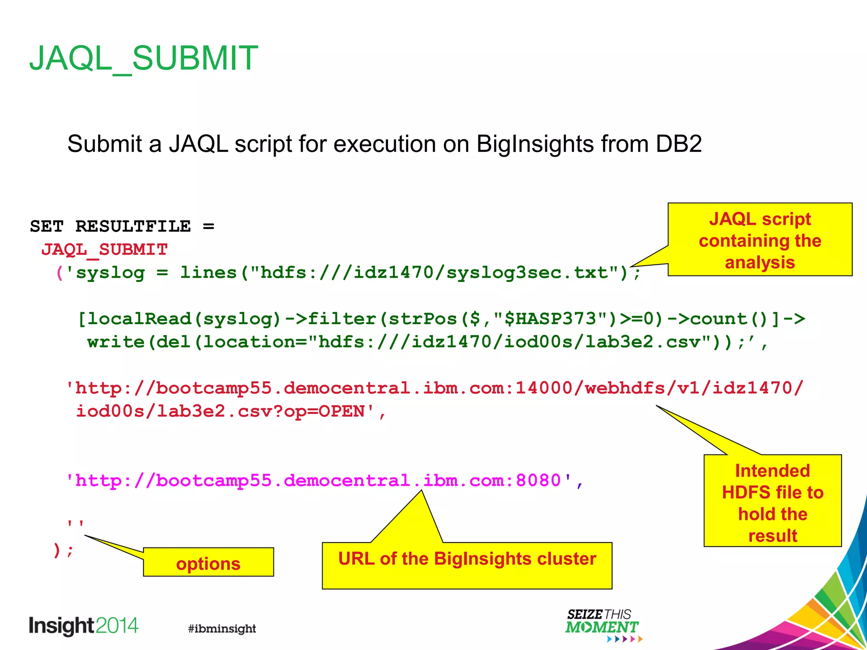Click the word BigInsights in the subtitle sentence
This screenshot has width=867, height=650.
pos(535,144)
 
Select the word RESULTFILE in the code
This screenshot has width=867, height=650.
pos(133,226)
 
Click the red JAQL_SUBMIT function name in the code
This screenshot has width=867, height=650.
pos(105,250)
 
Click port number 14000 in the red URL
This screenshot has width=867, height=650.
pos(544,388)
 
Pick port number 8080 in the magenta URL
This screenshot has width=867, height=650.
pos(538,481)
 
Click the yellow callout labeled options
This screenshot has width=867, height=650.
pos(208,562)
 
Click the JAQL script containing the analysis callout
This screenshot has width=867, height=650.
pos(759,240)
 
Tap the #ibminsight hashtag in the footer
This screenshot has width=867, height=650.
pos(222,628)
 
